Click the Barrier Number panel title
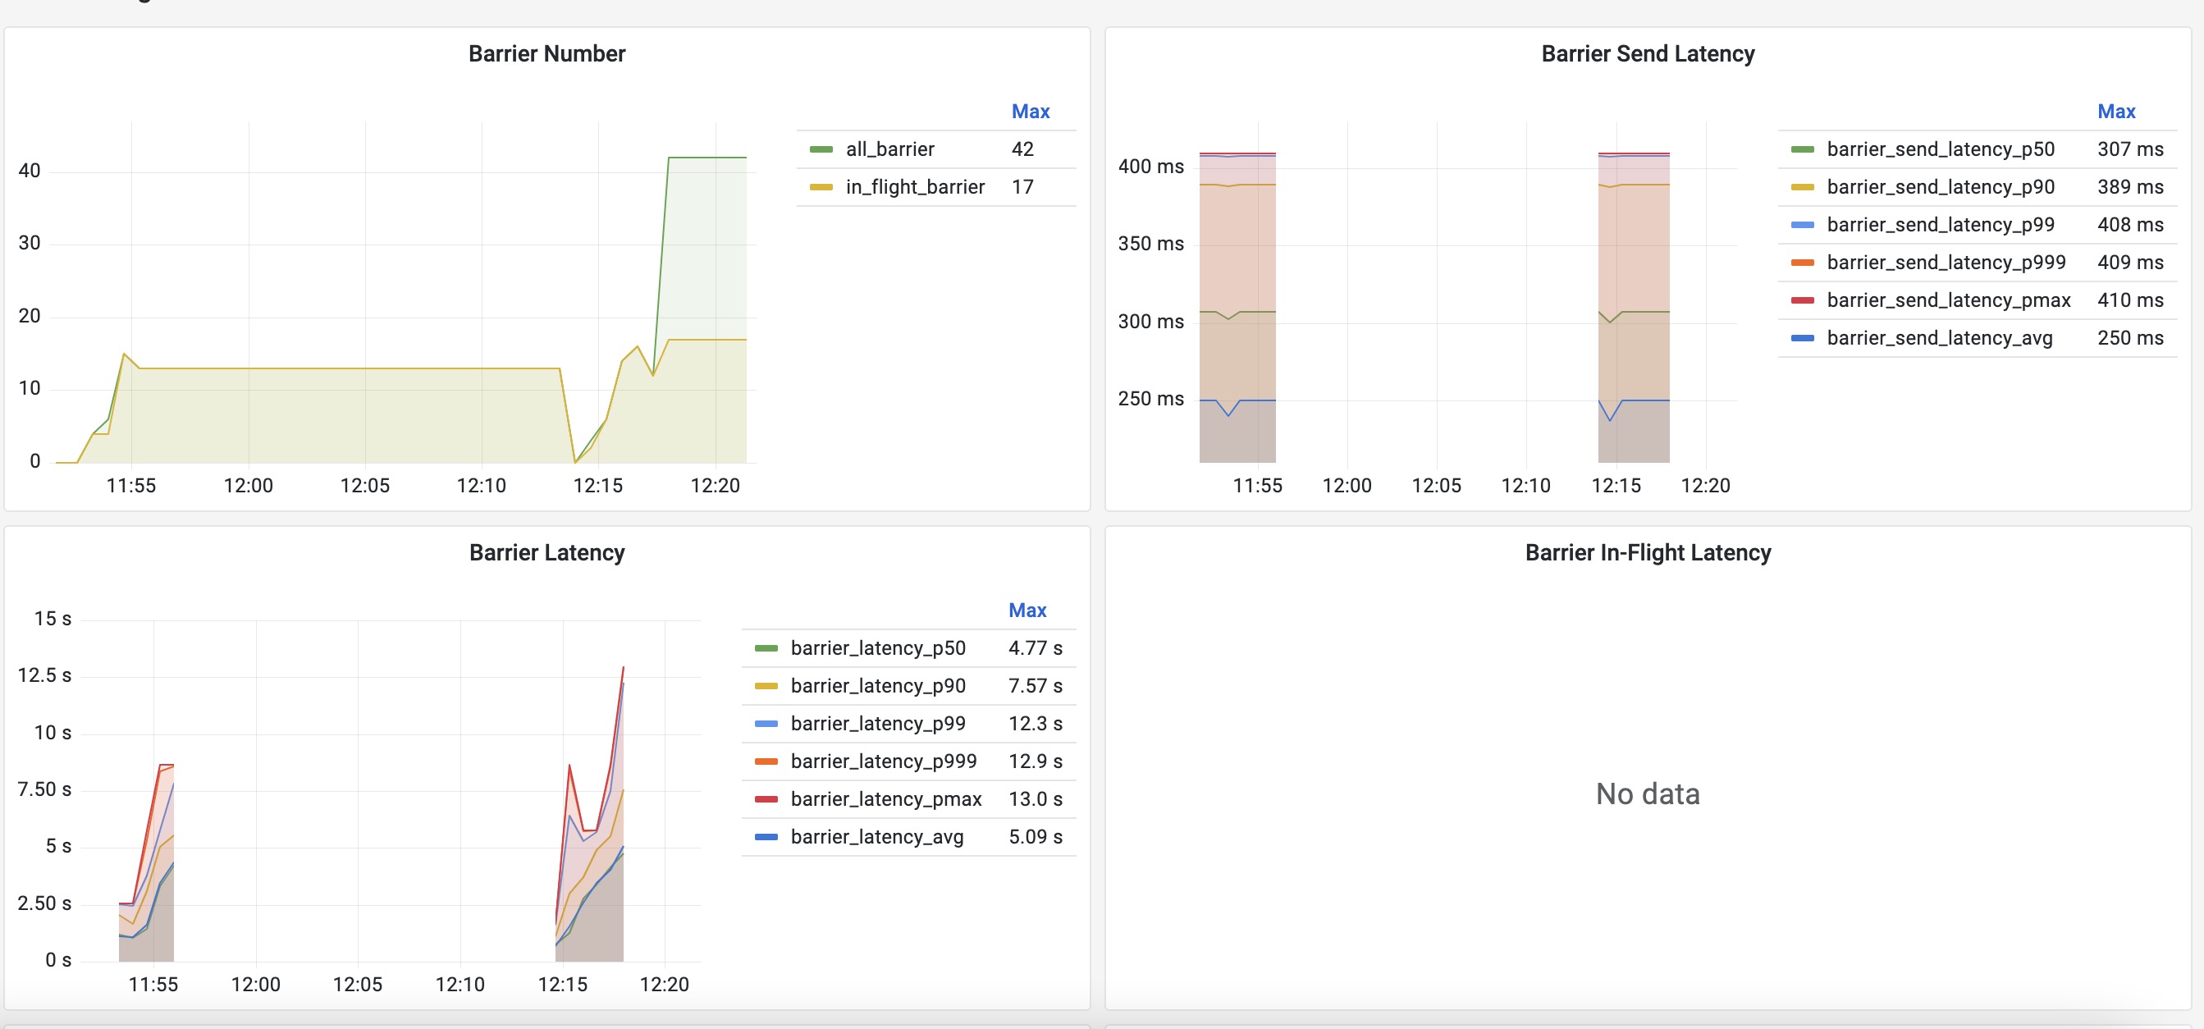click(546, 54)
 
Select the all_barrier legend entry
click(889, 149)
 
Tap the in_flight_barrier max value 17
click(1022, 186)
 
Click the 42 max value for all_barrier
click(1022, 149)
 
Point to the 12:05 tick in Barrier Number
click(364, 486)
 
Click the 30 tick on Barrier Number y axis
click(29, 243)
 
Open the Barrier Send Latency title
click(1647, 54)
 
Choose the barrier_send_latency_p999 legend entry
click(1946, 262)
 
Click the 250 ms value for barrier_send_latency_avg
click(2129, 338)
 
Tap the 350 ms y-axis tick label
click(1150, 244)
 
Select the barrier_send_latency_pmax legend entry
click(1948, 300)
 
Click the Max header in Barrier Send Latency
click(2116, 112)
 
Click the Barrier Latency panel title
click(546, 552)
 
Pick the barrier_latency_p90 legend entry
click(878, 686)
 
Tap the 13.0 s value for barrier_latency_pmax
click(1036, 799)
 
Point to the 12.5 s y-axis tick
click(44, 675)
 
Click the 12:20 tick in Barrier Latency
click(664, 985)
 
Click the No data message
click(1647, 793)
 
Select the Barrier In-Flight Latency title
click(1647, 552)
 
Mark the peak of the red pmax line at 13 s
click(623, 667)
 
